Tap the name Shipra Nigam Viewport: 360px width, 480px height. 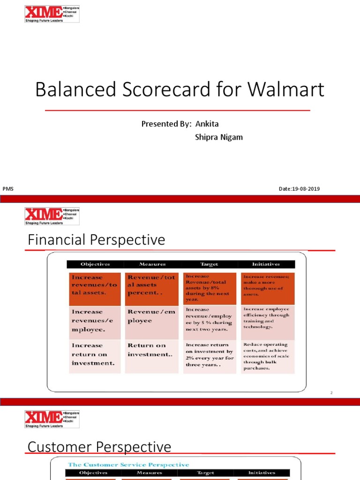click(x=218, y=137)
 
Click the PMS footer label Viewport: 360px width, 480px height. click(x=8, y=189)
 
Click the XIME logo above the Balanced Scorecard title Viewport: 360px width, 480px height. click(x=52, y=14)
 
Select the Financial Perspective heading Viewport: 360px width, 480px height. click(x=97, y=240)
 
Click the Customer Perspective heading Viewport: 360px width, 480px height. click(x=99, y=447)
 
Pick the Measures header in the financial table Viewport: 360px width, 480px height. click(x=152, y=264)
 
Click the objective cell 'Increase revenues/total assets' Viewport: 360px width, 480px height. click(x=95, y=285)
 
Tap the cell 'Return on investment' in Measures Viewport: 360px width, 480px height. click(x=152, y=350)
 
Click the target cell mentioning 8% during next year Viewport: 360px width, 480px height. click(x=209, y=288)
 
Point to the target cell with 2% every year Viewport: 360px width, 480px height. click(x=209, y=355)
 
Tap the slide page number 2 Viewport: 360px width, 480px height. click(x=331, y=393)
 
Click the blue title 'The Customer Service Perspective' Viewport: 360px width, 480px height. click(x=128, y=465)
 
